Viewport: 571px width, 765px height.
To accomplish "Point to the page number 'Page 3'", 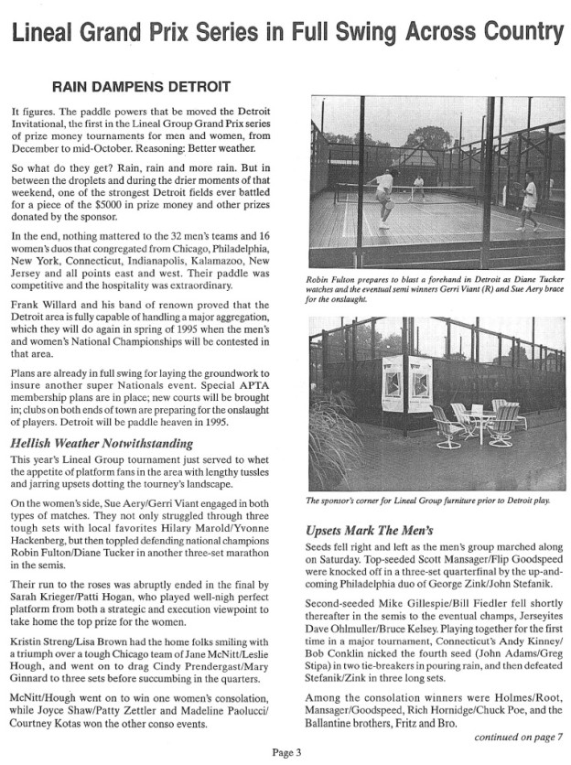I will (x=286, y=752).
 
